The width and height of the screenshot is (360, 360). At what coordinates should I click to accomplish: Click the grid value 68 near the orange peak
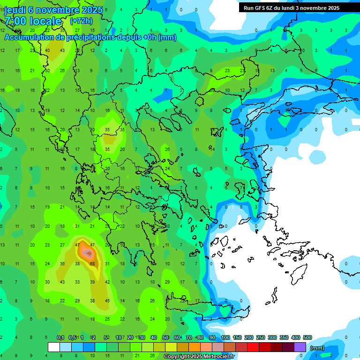pos(92,263)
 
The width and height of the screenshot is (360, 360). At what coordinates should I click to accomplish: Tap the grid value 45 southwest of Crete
pos(107,300)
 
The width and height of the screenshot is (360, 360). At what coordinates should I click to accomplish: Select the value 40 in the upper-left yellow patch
pos(47,50)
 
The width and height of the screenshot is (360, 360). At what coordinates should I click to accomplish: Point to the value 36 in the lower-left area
pos(62,263)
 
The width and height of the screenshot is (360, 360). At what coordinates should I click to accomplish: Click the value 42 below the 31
pos(107,282)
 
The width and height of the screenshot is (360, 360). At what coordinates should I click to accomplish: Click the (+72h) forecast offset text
pos(81,21)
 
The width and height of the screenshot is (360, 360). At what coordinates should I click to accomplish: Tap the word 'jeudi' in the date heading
pos(15,10)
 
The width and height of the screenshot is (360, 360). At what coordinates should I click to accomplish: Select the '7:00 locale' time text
pos(33,21)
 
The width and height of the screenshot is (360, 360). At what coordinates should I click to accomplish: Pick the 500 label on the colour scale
pos(307,338)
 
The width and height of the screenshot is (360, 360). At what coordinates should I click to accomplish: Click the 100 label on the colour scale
pos(225,338)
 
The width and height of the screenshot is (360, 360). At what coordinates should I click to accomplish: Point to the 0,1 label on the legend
pos(60,338)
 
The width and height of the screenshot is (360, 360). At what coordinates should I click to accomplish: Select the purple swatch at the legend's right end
pos(300,347)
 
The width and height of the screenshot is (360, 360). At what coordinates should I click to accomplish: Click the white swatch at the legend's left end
pos(54,347)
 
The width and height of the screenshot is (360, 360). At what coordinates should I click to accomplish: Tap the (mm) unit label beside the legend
pos(317,348)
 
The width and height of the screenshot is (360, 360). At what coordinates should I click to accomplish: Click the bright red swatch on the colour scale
pos(254,347)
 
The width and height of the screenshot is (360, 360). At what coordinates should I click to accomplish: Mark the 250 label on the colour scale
pos(260,338)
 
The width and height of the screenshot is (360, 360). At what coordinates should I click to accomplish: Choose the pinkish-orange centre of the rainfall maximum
pos(88,254)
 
